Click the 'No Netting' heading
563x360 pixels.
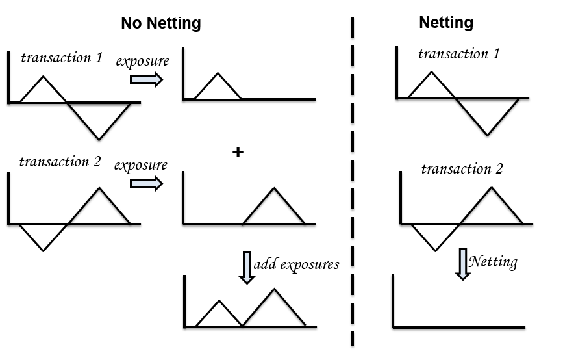click(161, 24)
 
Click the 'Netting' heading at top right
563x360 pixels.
click(446, 23)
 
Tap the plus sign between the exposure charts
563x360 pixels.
click(238, 153)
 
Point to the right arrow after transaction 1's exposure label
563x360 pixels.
click(146, 79)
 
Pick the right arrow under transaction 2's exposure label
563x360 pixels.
click(146, 184)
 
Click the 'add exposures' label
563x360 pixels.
click(296, 264)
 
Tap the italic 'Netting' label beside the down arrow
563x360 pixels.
click(493, 262)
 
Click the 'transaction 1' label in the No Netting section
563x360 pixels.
click(62, 58)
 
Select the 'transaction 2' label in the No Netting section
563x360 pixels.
click(60, 162)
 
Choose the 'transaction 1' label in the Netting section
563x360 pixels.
click(458, 53)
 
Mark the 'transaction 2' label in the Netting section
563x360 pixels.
click(462, 169)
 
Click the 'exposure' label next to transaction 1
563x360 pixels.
click(142, 62)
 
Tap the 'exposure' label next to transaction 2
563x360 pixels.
click(141, 166)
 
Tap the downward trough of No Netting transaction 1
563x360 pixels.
click(99, 136)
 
